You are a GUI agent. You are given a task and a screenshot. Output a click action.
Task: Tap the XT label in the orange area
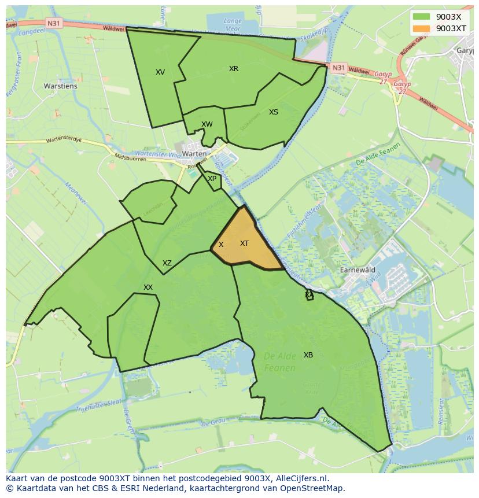244,244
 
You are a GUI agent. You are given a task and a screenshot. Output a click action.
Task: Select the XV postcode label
160,72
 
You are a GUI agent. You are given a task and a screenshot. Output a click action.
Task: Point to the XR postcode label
234,69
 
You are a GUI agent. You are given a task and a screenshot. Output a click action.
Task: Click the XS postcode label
274,112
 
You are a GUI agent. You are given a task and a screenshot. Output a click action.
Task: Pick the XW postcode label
207,124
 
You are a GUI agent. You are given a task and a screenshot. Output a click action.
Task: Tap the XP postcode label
212,179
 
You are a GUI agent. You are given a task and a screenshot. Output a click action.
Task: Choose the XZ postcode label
167,263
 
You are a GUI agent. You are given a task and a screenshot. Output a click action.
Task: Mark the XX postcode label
148,287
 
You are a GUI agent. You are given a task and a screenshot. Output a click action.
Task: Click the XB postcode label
308,355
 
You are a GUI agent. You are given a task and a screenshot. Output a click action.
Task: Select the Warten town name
194,154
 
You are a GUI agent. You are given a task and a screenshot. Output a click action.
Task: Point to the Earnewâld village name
358,270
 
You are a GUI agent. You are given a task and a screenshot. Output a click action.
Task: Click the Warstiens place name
60,86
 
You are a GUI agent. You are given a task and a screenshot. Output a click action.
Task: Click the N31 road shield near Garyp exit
338,68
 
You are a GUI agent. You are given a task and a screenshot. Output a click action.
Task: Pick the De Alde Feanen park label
280,362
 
